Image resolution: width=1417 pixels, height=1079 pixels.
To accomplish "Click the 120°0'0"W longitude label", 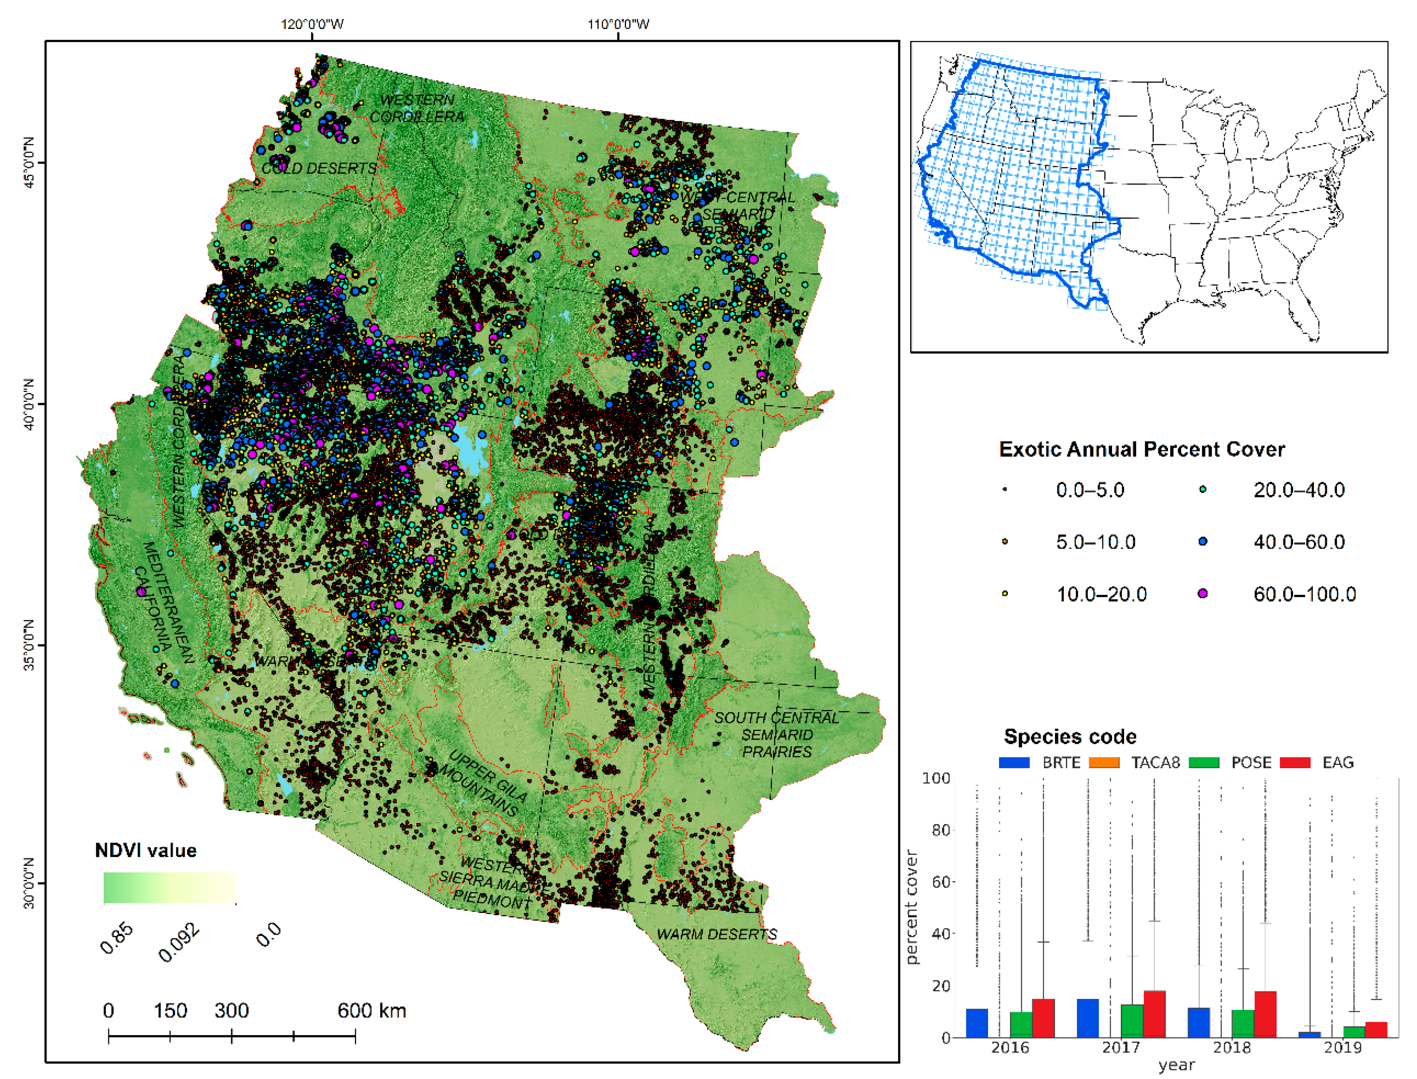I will click(x=312, y=25).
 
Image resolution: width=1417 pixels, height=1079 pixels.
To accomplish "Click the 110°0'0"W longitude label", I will click(x=618, y=25).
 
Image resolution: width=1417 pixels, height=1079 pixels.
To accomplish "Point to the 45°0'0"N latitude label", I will click(x=28, y=162).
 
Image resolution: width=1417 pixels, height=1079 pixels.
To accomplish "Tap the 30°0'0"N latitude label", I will click(x=28, y=883).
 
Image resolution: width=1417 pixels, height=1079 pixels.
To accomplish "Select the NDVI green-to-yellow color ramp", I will click(x=170, y=888).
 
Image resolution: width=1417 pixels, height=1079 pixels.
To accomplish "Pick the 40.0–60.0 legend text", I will click(x=1299, y=542).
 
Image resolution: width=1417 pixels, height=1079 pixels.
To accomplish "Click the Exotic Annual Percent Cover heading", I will click(x=1141, y=449).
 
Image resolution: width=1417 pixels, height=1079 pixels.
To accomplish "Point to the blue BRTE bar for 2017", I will click(x=1087, y=1018).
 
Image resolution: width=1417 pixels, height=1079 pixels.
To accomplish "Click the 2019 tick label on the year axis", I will click(x=1343, y=1048).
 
